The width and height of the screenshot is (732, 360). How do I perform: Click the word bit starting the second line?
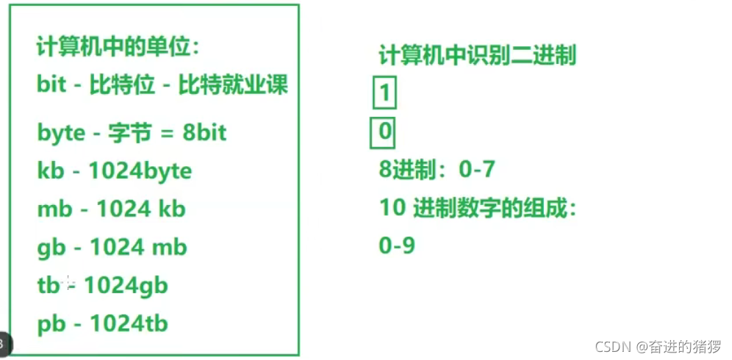[52, 84]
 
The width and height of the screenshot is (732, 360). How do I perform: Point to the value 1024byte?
[140, 171]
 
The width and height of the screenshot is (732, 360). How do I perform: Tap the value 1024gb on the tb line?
[126, 285]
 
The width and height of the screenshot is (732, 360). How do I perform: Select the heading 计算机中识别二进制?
[477, 56]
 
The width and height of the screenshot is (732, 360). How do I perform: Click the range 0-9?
[397, 245]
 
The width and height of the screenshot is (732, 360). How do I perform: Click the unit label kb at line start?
[51, 171]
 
